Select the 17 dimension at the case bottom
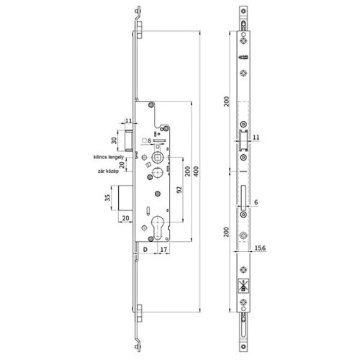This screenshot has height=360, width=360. (164, 251)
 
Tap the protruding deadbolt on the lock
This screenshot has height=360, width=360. (127, 196)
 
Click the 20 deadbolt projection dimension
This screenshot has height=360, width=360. (126, 218)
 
